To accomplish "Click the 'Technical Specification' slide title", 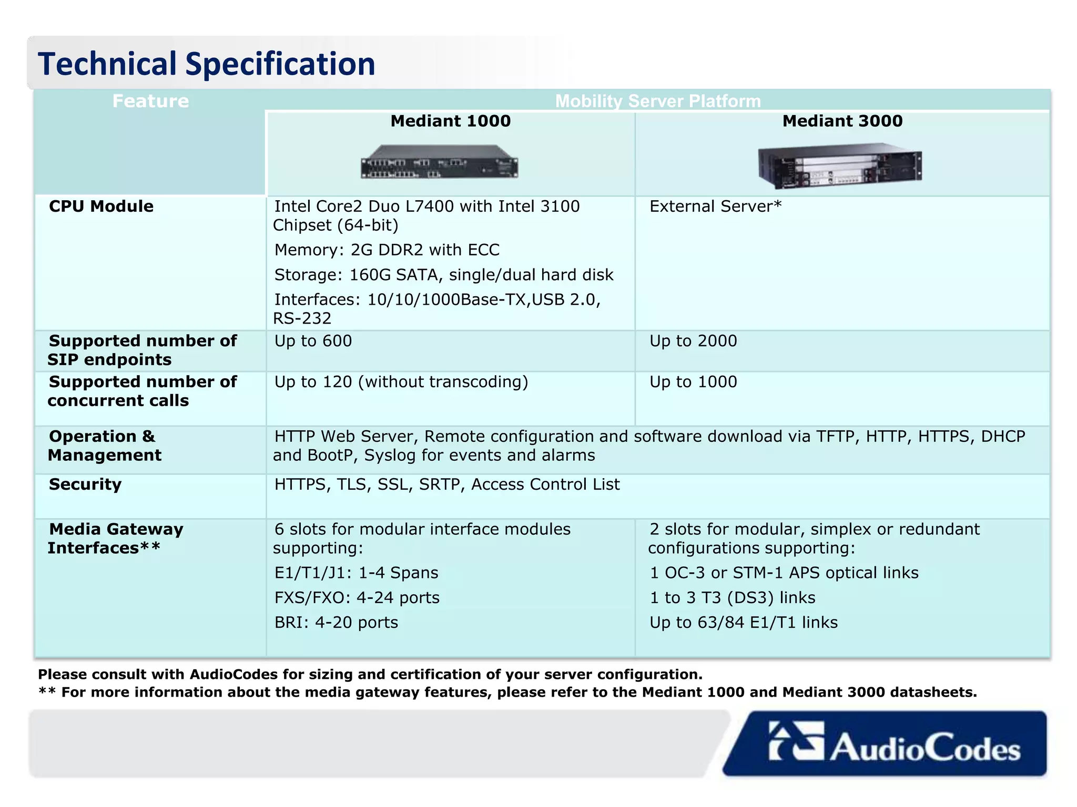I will [x=206, y=64].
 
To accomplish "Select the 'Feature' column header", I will [x=150, y=101].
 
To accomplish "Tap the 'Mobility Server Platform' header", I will [x=657, y=101].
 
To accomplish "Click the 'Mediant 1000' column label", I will [x=450, y=121].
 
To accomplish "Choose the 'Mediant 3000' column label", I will [x=842, y=121].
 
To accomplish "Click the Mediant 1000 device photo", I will [x=439, y=162].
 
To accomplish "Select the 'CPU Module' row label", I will [x=101, y=206].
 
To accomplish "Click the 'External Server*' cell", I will [x=715, y=206].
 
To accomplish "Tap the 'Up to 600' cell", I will [x=313, y=340].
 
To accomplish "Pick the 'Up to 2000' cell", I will [x=693, y=340].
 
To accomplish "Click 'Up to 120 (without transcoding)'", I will [x=401, y=381].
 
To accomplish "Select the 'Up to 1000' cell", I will [x=693, y=381].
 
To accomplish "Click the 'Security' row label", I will [x=85, y=484].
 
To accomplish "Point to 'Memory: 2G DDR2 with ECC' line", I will [x=387, y=250].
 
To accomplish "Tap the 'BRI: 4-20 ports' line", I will [x=336, y=622].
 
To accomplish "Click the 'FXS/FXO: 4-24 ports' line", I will [x=357, y=597].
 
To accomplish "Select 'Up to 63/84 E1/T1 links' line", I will [x=743, y=622].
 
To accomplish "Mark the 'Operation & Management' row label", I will [x=105, y=446].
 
